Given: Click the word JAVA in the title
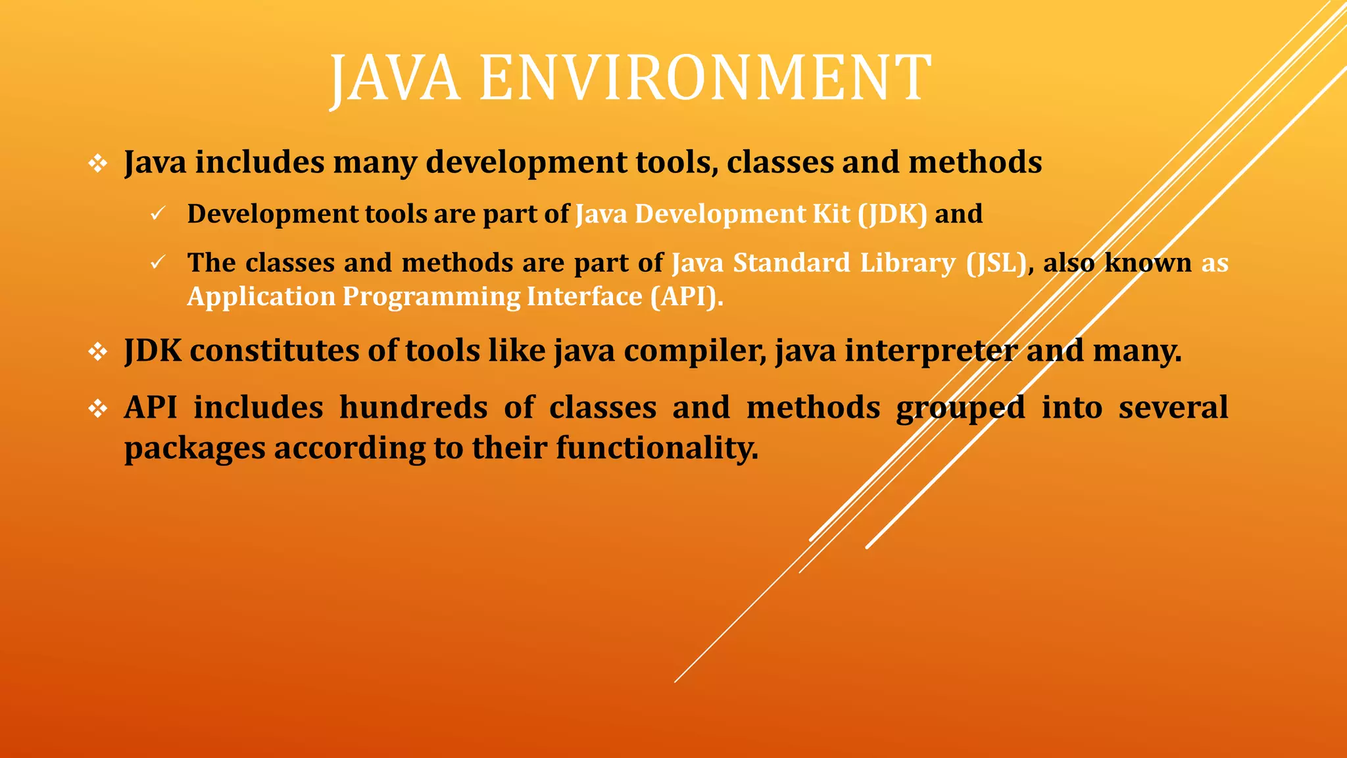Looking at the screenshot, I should click(394, 79).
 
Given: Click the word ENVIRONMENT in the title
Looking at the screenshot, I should click(705, 79).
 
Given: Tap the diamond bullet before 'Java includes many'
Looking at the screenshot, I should click(98, 163).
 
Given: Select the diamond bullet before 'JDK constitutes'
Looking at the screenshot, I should click(98, 351).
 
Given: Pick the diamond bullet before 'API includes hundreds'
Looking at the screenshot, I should click(98, 409).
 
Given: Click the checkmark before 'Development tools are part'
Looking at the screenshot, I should click(157, 214).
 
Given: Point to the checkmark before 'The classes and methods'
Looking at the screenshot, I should click(157, 263).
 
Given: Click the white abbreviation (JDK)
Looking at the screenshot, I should click(893, 214).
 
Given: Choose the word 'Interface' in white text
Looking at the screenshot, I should click(584, 296).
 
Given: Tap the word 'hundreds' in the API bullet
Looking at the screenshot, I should click(413, 407).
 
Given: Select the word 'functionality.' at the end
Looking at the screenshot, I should click(657, 448).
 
